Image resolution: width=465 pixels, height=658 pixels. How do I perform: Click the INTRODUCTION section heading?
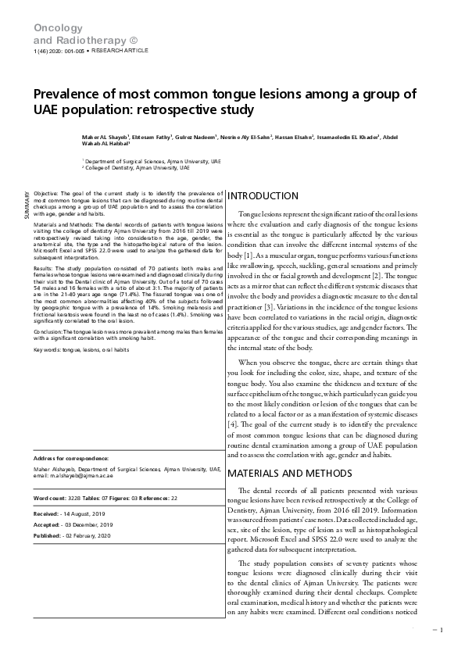click(x=263, y=196)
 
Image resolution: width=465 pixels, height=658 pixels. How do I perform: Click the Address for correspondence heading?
click(x=71, y=458)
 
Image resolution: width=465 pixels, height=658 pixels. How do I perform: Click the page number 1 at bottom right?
click(x=442, y=630)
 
